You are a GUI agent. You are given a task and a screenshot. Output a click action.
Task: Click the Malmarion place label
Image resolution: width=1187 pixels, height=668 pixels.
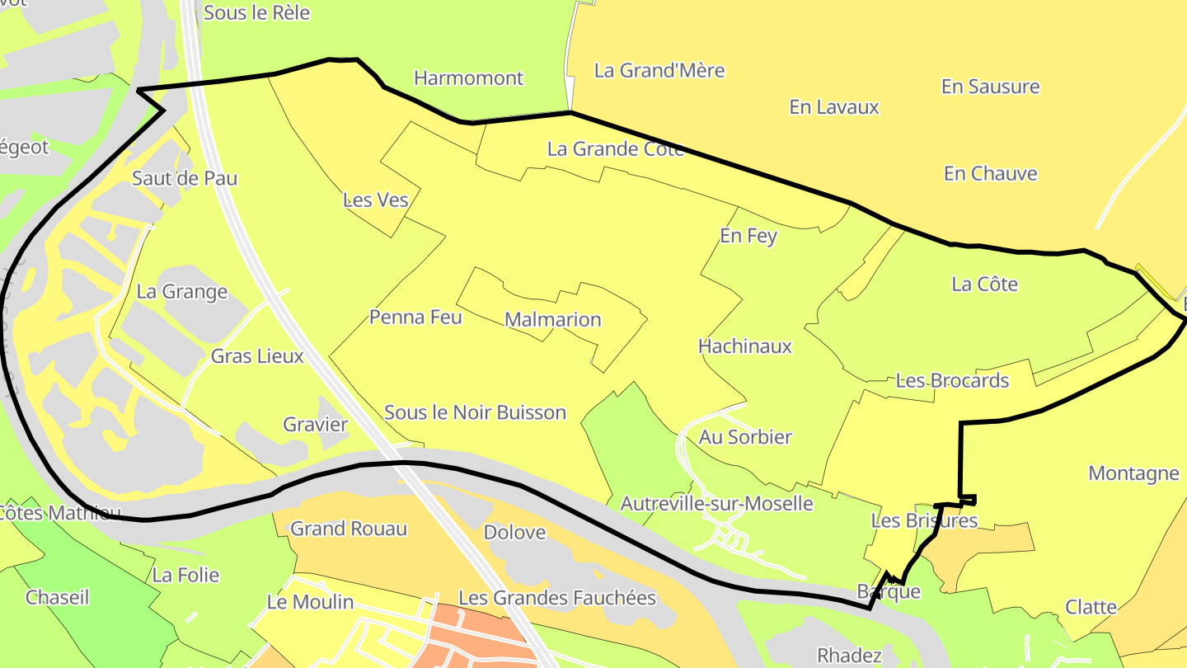coord(552,319)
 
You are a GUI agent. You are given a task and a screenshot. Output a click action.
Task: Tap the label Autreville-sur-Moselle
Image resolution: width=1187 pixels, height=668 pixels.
coord(716,503)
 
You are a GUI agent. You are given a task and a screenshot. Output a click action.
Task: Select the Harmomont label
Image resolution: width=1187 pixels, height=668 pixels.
coord(468,78)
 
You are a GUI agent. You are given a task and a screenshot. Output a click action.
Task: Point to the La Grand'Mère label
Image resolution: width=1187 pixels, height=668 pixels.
coord(659,70)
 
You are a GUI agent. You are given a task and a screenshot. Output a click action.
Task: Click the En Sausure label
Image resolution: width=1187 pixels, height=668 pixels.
coord(990,87)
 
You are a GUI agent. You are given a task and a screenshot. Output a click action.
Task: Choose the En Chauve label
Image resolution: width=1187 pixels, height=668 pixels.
coord(990,173)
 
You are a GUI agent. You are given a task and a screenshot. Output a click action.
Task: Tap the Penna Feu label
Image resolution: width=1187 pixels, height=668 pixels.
coord(415,317)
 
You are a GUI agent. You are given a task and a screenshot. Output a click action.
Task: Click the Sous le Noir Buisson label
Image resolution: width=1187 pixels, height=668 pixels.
coord(475,412)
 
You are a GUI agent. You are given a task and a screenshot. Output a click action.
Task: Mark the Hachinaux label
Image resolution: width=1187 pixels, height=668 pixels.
coord(744,346)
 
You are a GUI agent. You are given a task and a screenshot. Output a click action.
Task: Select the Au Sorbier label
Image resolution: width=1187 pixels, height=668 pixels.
coord(745,437)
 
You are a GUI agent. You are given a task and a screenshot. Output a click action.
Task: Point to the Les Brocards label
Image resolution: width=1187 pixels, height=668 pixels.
coord(952,381)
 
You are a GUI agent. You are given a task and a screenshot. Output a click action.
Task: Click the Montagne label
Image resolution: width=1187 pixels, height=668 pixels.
coord(1133,473)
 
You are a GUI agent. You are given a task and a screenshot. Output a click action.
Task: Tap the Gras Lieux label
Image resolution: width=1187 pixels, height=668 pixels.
coord(257,356)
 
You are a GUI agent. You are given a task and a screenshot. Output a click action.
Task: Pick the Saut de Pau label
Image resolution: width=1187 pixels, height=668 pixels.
coord(185,178)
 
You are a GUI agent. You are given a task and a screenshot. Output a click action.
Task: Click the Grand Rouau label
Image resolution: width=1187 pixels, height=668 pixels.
coord(349,529)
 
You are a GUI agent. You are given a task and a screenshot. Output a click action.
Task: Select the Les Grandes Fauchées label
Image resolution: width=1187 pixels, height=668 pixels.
coord(556,598)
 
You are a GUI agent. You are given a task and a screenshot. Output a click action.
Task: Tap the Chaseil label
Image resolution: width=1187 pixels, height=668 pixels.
coord(57,597)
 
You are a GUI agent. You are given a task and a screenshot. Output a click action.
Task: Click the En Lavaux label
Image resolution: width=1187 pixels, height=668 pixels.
coord(834,107)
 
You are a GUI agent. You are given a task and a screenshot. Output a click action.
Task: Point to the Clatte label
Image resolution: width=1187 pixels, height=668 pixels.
coord(1091,607)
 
